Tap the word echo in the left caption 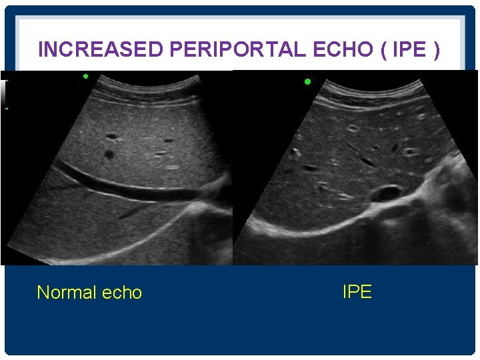(122, 293)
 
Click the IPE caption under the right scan (357, 291)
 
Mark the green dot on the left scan (85, 76)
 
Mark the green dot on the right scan (307, 82)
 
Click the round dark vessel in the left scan (109, 155)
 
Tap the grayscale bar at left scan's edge (3, 90)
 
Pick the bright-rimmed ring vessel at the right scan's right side (410, 152)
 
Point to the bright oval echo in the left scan (172, 167)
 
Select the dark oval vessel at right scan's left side (310, 168)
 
